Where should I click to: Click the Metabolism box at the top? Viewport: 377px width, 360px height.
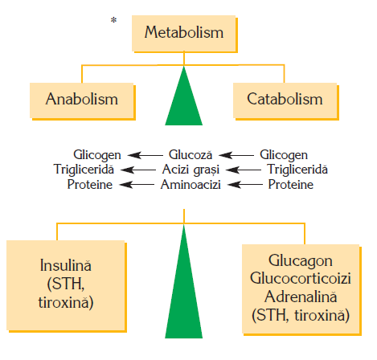[184, 34]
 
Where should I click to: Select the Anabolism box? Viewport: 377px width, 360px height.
[83, 101]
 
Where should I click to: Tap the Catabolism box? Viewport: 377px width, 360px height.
[286, 101]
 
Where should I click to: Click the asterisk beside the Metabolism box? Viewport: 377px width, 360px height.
[113, 20]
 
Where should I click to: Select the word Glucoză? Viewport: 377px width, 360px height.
[191, 155]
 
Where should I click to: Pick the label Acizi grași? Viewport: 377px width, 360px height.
[191, 170]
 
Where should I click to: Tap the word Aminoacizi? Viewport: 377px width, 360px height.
[191, 185]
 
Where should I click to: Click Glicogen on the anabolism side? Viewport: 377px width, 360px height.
[97, 155]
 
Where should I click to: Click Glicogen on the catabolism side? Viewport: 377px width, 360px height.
[284, 155]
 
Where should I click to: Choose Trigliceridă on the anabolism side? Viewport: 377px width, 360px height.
[84, 170]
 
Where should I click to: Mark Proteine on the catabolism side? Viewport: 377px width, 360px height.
[291, 185]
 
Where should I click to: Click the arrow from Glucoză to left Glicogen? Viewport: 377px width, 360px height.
[145, 155]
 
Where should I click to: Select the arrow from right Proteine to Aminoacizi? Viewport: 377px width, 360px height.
[245, 185]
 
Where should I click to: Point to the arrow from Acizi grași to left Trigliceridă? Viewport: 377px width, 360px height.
[138, 170]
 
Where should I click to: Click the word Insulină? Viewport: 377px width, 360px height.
[66, 265]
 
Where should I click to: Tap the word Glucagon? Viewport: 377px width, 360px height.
[301, 261]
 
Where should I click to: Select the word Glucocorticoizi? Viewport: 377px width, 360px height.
[301, 278]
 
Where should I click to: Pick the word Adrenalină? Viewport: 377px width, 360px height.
[301, 297]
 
